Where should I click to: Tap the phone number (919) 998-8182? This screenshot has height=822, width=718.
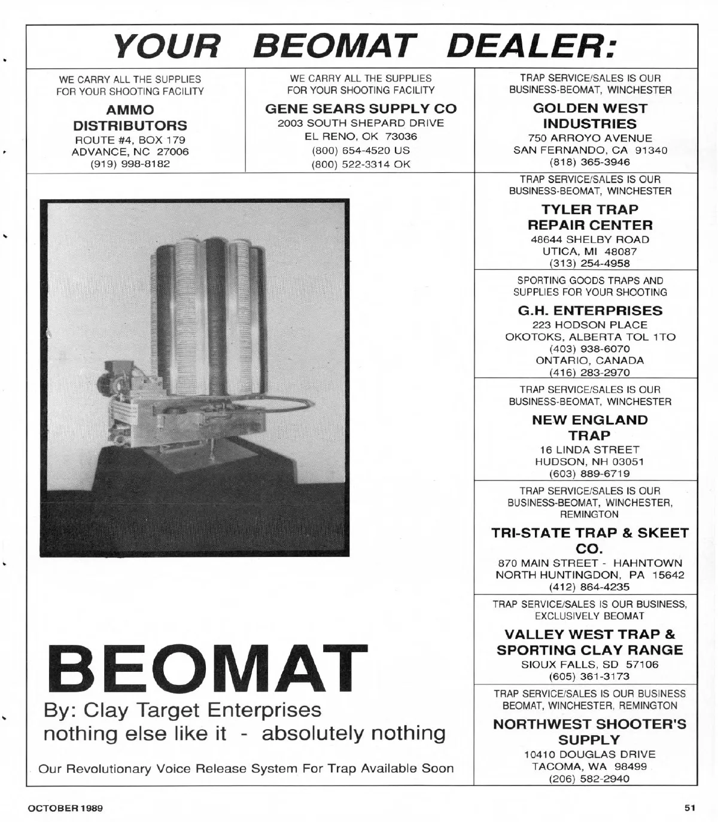[130, 163]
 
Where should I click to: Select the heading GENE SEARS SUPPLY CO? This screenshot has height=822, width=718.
[361, 109]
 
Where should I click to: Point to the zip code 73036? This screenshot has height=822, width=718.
[401, 136]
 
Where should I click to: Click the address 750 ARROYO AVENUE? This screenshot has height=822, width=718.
[590, 138]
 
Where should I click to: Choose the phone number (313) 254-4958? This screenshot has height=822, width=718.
[590, 263]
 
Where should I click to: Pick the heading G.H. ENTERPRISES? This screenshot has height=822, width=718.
[590, 310]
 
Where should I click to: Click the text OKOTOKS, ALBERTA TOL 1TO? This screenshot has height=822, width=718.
[590, 337]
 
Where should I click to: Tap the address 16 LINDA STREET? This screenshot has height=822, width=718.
[590, 449]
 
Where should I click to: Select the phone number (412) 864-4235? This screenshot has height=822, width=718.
[590, 587]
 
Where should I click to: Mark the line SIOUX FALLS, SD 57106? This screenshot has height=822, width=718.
[590, 665]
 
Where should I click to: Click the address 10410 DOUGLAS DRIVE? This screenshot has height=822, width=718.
[590, 754]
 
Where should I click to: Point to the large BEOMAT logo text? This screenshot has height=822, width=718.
[205, 669]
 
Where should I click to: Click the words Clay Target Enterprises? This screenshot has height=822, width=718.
[202, 710]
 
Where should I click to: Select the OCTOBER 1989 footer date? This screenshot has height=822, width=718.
[65, 808]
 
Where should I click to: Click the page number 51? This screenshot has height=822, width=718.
[690, 808]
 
